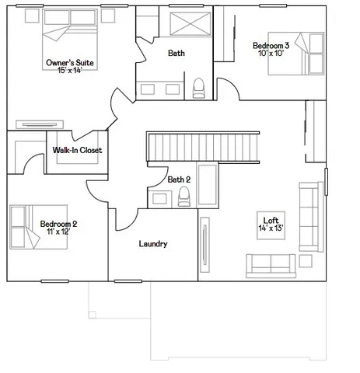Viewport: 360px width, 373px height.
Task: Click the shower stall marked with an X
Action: coord(187,26)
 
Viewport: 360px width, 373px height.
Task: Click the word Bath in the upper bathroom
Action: coord(176,53)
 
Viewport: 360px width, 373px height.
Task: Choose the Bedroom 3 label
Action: coord(271,47)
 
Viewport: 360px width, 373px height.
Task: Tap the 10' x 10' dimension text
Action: coord(271,55)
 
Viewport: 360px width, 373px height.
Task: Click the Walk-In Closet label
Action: coord(77,150)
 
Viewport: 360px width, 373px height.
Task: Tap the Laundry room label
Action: coord(153,244)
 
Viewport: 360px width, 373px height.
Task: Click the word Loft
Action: coord(271,220)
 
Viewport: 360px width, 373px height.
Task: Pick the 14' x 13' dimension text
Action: coord(271,228)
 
